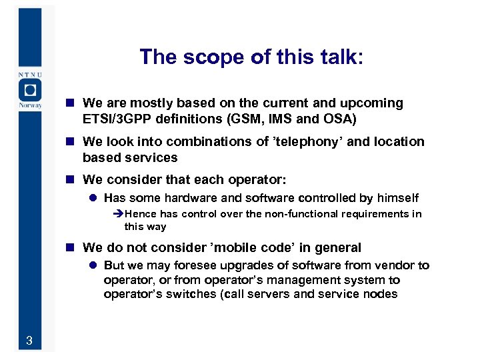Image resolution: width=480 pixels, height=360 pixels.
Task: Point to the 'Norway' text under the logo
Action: pos(30,105)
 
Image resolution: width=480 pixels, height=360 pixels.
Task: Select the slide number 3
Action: pos(29,342)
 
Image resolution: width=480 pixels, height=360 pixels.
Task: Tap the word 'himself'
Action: pos(397,198)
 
